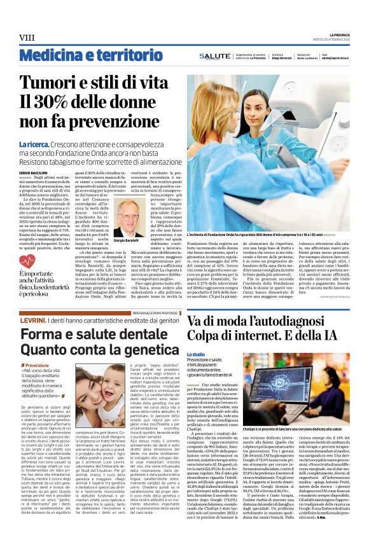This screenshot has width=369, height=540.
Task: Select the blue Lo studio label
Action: (x=197, y=354)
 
